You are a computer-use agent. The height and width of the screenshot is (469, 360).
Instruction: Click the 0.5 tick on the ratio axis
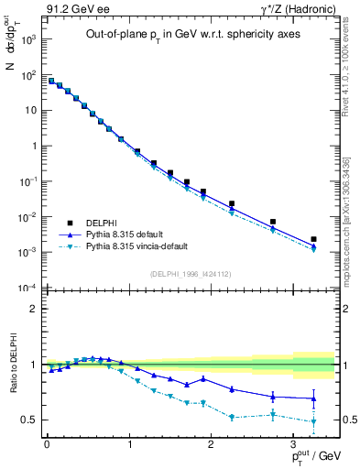point(29,420)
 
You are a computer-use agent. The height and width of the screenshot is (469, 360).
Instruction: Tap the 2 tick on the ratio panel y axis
point(34,309)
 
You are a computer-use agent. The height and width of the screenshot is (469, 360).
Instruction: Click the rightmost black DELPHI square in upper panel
point(314,239)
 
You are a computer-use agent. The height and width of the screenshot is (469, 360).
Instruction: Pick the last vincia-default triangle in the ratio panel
point(314,422)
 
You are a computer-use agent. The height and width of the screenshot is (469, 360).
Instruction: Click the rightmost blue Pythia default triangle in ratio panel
point(314,398)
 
